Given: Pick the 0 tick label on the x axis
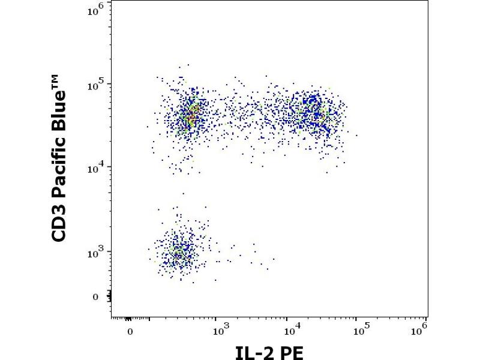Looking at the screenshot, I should tap(130, 331).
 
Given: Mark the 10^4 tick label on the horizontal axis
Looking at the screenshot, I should tap(292, 329).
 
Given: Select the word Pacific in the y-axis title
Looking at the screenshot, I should tap(59, 158).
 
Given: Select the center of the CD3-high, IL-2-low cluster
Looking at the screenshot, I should tap(189, 114).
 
